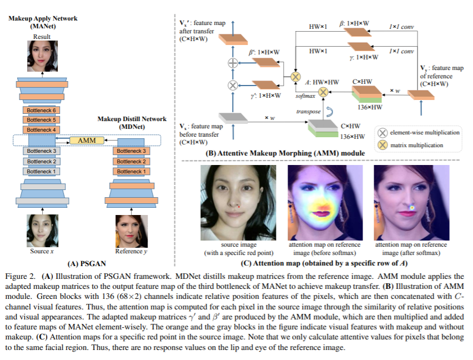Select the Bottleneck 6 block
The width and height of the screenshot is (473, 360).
(x=42, y=111)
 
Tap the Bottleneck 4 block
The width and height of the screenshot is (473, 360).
(x=42, y=130)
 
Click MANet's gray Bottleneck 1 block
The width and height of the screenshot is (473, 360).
(x=42, y=171)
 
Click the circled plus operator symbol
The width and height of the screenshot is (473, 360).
(x=233, y=63)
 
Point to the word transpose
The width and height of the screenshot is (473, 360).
(x=309, y=112)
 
